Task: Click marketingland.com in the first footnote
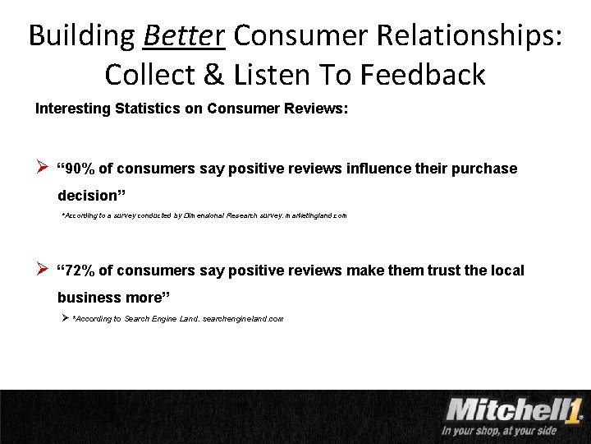[316, 215]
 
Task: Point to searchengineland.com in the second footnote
[243, 318]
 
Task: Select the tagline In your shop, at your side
[498, 431]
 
